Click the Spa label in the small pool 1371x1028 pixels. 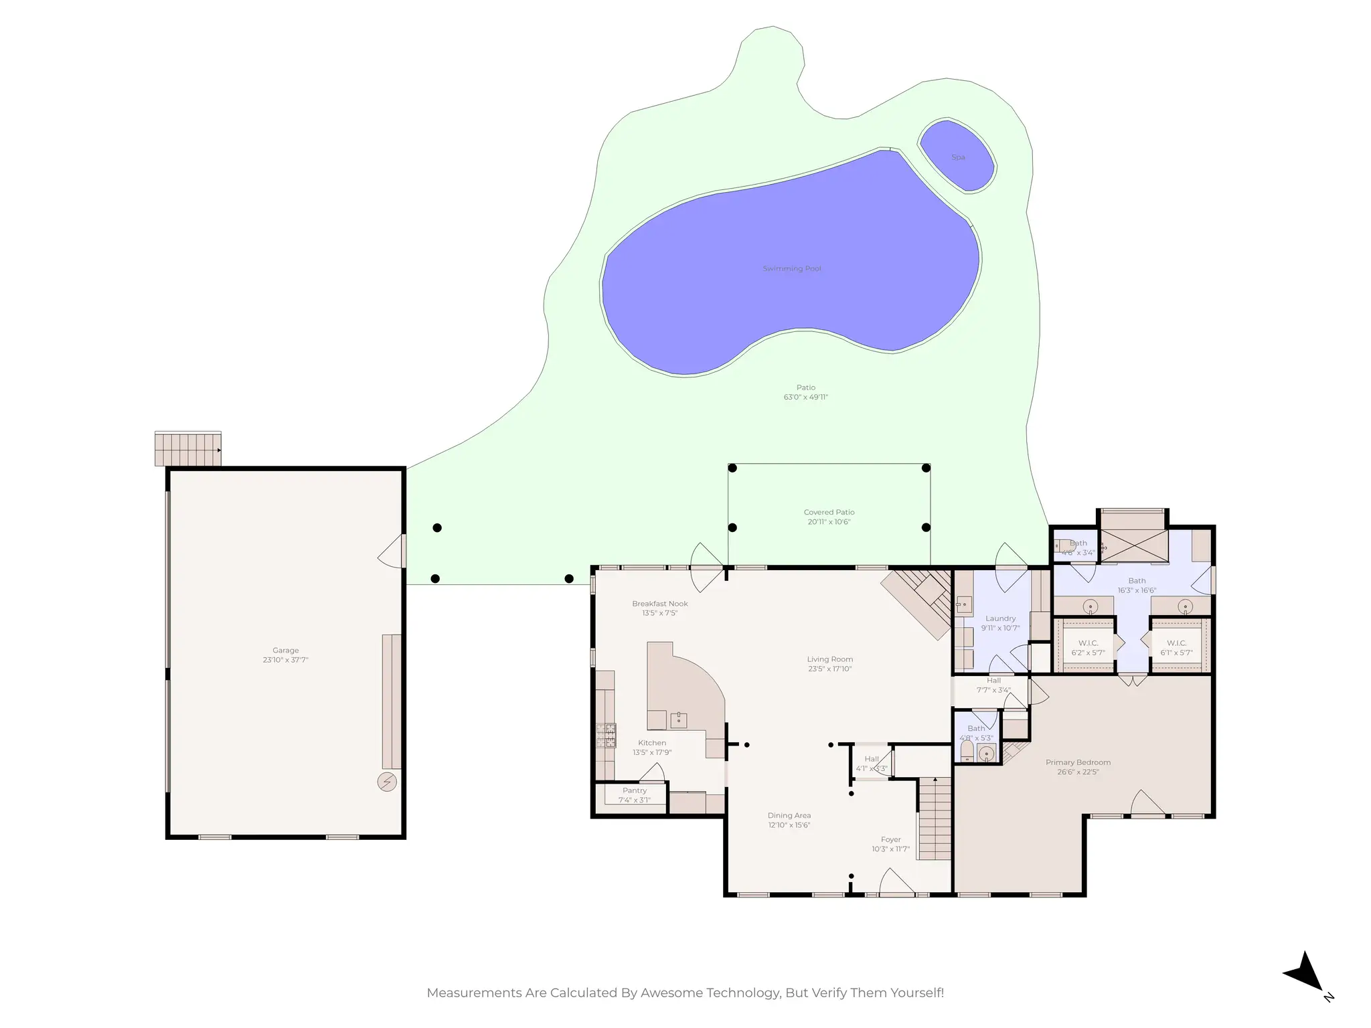click(958, 157)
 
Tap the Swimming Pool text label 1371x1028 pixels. click(792, 268)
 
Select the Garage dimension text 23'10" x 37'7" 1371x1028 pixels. click(285, 660)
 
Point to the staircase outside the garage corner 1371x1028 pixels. click(188, 449)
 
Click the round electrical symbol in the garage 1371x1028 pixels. click(387, 782)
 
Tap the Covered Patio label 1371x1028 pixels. click(829, 512)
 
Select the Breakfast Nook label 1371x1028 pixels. click(659, 604)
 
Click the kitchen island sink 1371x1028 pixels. click(679, 720)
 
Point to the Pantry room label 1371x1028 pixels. click(634, 790)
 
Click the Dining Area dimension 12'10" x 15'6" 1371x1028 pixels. click(789, 825)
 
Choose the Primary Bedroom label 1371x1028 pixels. click(1078, 762)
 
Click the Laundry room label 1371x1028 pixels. click(1000, 618)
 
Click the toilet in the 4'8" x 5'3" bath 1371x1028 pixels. click(967, 751)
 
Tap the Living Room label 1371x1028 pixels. click(829, 659)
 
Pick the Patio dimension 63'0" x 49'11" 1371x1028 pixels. click(805, 397)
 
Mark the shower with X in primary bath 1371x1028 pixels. click(1135, 546)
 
